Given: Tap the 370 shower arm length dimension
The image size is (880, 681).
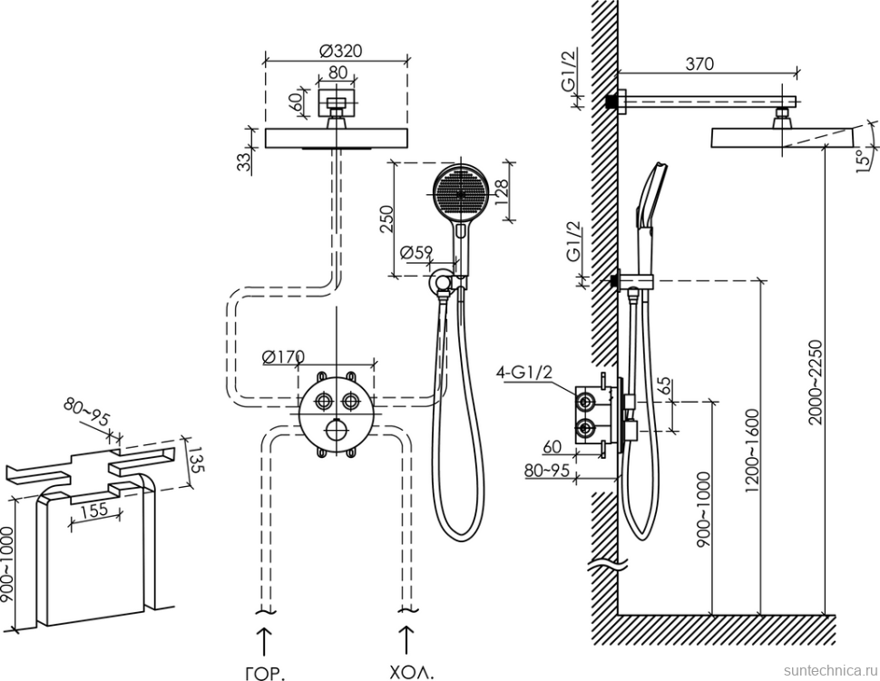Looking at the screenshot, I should pos(699,63).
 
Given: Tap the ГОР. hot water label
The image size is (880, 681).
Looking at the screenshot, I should pos(264,673).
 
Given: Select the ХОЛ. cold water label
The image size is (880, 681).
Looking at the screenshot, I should pos(411,673).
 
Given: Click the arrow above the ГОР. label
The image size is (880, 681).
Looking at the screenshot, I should pos(264,640).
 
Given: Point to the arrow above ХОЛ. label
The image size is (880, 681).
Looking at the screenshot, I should pos(406,640).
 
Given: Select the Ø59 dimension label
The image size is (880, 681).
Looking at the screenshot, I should pos(416,252).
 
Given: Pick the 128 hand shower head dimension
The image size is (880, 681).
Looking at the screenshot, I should pos(503,191).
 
